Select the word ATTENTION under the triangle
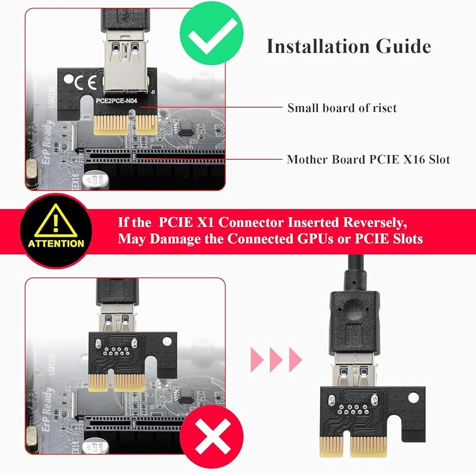coord(56,243)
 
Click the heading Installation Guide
coord(348,47)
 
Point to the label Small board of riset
coord(342,108)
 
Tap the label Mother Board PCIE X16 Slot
coord(368,160)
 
